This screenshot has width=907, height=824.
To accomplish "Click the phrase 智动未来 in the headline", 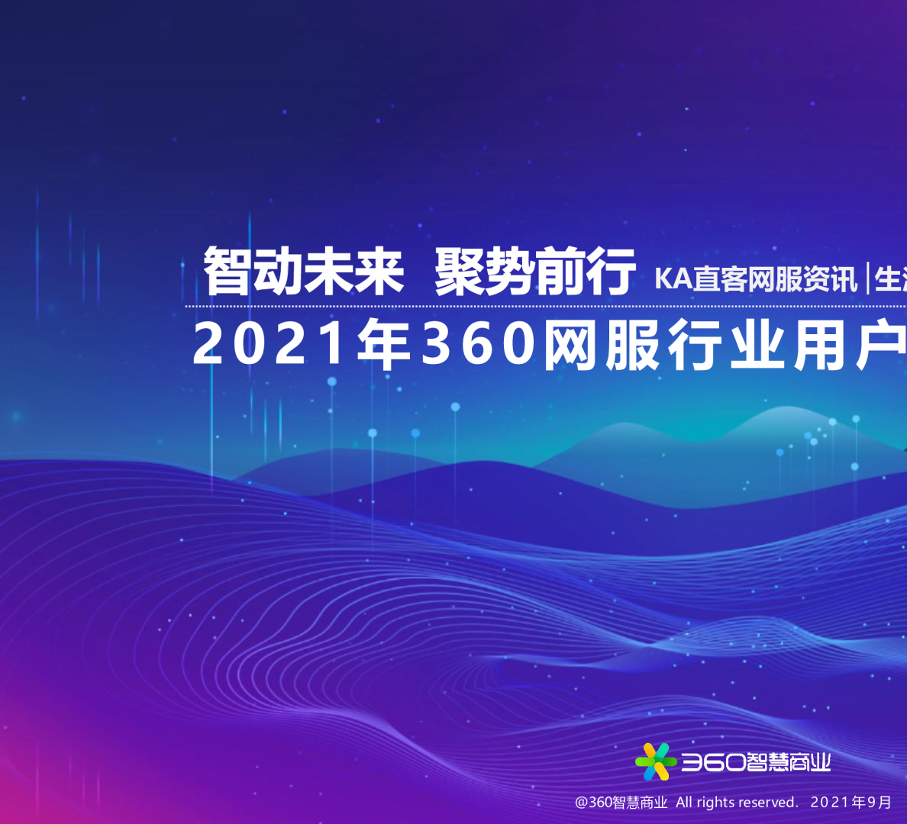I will point(303,272).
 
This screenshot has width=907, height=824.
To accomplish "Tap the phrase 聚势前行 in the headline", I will point(534,272).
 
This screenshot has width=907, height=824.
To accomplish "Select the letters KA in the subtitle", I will point(673,279).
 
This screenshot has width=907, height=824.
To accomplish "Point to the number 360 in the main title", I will point(479,344).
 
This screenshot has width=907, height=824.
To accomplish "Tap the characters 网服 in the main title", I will point(602,346).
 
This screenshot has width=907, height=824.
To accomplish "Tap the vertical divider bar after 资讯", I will point(867,278).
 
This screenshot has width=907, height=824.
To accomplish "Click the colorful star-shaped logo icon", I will point(654,761).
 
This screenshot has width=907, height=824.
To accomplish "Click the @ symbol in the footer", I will point(581,803).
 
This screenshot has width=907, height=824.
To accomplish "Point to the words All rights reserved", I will point(736,803).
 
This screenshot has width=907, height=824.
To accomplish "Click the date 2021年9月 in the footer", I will point(851,803).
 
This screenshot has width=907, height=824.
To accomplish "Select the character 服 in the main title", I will point(633,346).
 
